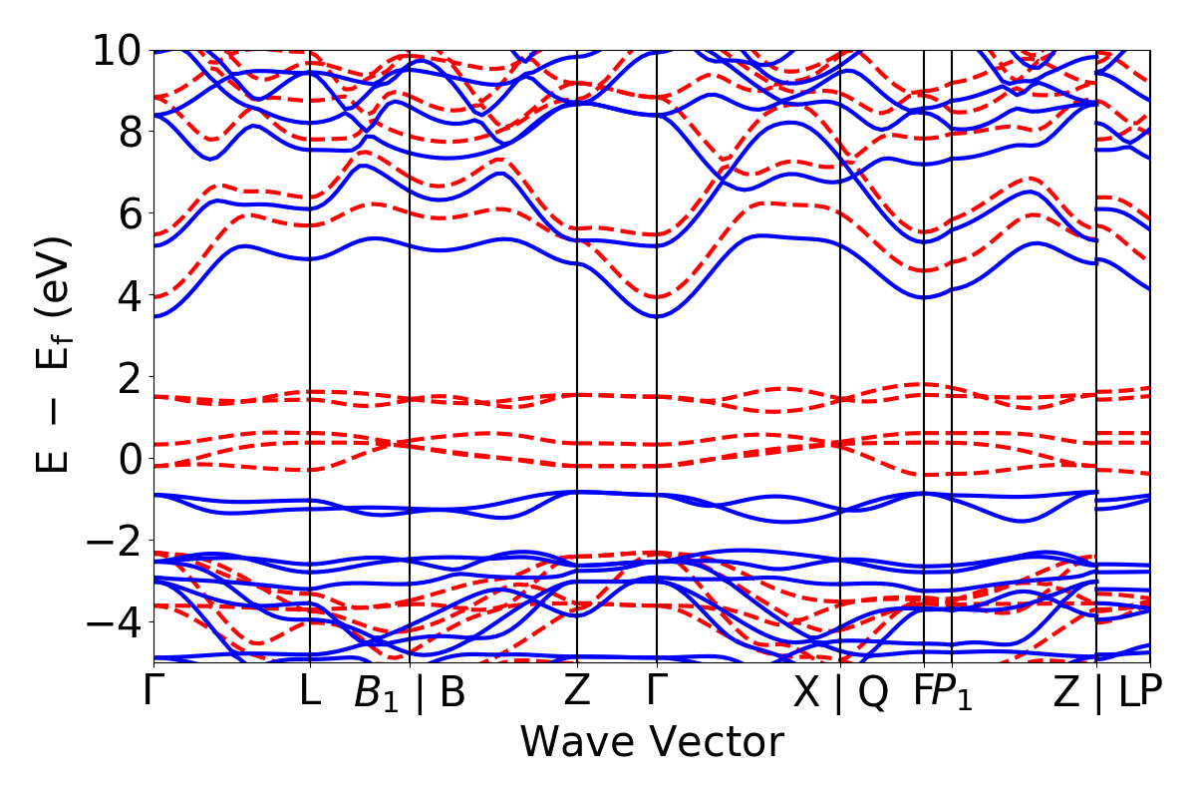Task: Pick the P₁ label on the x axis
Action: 954,694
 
